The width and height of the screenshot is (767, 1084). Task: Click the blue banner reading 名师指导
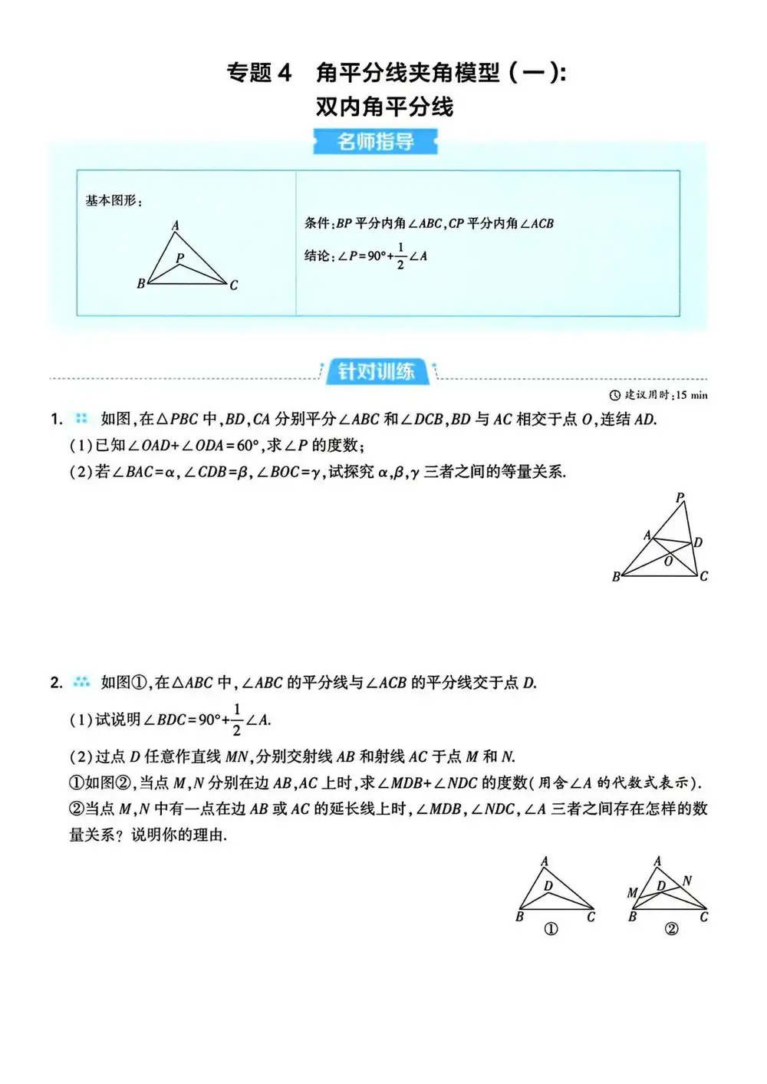[x=375, y=142]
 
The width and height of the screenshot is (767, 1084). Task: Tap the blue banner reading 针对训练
[x=377, y=372]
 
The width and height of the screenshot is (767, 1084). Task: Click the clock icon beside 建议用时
[x=614, y=395]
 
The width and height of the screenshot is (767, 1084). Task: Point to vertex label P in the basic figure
[x=179, y=258]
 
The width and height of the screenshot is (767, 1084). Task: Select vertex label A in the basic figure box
[x=175, y=225]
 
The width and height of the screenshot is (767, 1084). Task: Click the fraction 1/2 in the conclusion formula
[x=400, y=256]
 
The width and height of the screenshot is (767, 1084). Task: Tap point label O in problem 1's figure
[x=668, y=562]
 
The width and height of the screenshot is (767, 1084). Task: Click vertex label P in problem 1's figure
[x=680, y=498]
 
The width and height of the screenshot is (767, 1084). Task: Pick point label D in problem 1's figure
[x=698, y=542]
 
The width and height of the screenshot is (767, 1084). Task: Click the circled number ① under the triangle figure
[x=551, y=929]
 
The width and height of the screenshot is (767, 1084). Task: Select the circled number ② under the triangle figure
[x=671, y=929]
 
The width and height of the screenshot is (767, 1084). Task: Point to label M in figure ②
[x=632, y=892]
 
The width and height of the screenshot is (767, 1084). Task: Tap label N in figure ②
[x=687, y=881]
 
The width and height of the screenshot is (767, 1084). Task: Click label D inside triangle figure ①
[x=548, y=885]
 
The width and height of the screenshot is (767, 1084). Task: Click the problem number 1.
[x=56, y=419]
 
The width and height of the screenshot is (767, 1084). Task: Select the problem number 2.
[x=56, y=682]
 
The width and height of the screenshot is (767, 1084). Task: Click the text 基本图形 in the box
[x=111, y=201]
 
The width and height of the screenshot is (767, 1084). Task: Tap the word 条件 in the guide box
[x=318, y=223]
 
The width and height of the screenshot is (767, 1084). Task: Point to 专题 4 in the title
[x=259, y=73]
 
